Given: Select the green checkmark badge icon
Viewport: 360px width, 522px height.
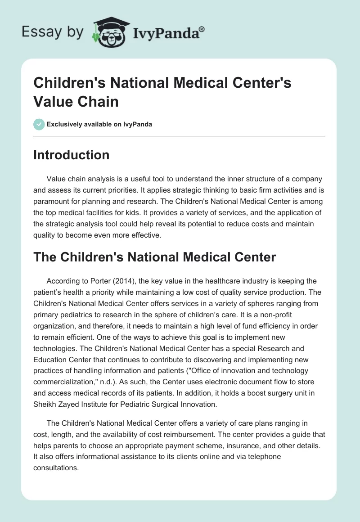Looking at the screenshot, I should point(39,124).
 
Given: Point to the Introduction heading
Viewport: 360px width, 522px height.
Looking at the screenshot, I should point(71,155).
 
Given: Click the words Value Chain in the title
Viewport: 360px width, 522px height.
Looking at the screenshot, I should point(76,101).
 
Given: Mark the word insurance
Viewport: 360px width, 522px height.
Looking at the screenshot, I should point(251,445).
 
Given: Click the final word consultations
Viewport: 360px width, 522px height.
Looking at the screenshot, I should point(56,467).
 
